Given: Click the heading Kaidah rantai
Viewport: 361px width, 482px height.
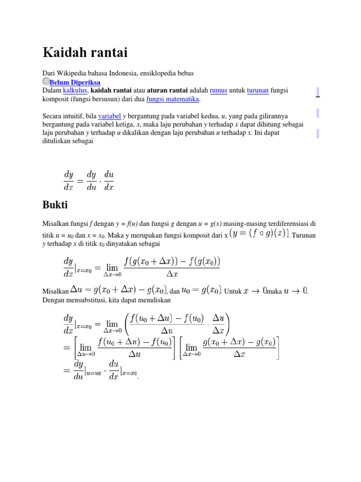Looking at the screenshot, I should pos(85,52).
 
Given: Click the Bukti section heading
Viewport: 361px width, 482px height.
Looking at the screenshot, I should pos(55,205).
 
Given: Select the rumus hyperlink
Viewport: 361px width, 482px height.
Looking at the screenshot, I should pos(218,90).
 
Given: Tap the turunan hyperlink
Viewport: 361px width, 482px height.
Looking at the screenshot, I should pos(258,90).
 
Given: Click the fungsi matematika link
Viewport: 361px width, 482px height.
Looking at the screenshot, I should pos(173,99).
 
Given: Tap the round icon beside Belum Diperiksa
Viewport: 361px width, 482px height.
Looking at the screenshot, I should pos(46,81).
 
